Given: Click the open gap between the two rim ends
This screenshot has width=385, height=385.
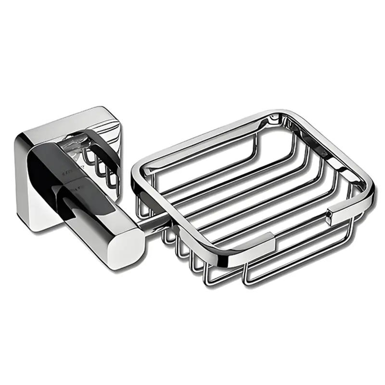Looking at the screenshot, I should (301, 231).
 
